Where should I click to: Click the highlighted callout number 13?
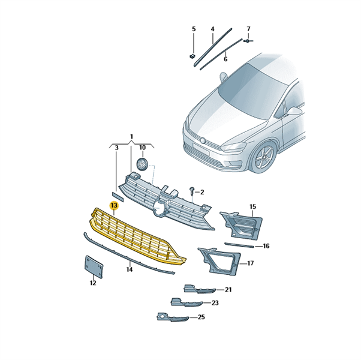(x=114, y=205)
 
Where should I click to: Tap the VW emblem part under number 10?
(x=142, y=164)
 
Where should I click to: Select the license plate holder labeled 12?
(x=94, y=267)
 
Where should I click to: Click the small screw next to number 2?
(x=191, y=190)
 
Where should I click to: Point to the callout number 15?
(x=253, y=206)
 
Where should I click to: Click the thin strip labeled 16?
(x=239, y=245)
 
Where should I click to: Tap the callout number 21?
(x=228, y=290)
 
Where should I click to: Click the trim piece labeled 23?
(x=186, y=302)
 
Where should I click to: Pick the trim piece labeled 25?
(x=173, y=317)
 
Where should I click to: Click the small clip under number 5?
(x=192, y=56)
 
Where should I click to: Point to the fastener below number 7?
(x=248, y=41)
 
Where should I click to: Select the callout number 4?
(x=212, y=29)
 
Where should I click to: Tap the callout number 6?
(x=225, y=59)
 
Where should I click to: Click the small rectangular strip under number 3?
(x=118, y=197)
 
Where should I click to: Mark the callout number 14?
(x=130, y=269)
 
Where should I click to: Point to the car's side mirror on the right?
(x=294, y=112)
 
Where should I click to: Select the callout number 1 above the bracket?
(x=131, y=137)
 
